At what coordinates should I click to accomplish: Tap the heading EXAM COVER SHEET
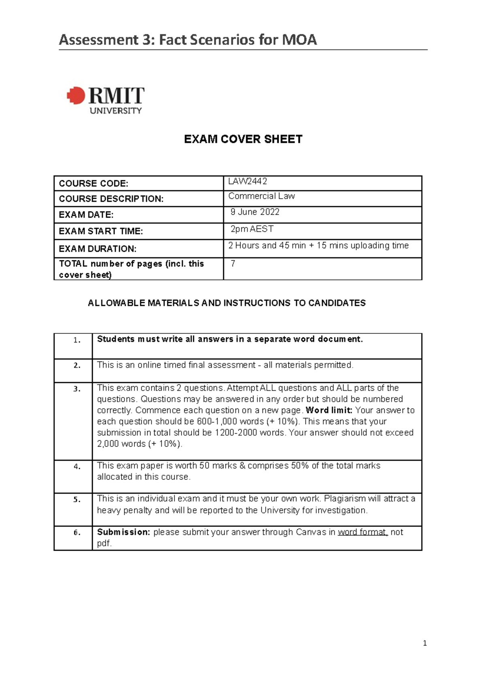click(x=243, y=139)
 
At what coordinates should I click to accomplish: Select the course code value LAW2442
click(x=247, y=182)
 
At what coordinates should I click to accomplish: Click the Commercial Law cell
click(x=261, y=196)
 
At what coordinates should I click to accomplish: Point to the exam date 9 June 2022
click(x=255, y=212)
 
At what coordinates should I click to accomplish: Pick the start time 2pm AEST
click(x=252, y=229)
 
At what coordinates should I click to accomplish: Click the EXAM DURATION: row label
click(x=98, y=248)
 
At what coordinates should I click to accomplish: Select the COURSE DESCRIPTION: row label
click(x=111, y=199)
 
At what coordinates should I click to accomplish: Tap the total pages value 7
click(x=233, y=264)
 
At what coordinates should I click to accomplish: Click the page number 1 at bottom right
click(x=424, y=643)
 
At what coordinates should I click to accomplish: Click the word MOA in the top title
click(x=299, y=40)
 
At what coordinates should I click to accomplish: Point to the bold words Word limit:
click(x=329, y=410)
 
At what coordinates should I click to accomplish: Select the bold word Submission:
click(x=124, y=532)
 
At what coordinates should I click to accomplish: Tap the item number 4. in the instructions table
click(x=77, y=466)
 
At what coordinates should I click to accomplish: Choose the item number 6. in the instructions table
click(x=77, y=532)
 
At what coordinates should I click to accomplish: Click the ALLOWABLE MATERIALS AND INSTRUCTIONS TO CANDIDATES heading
click(x=227, y=303)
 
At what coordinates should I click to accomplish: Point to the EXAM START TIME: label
click(x=101, y=231)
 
